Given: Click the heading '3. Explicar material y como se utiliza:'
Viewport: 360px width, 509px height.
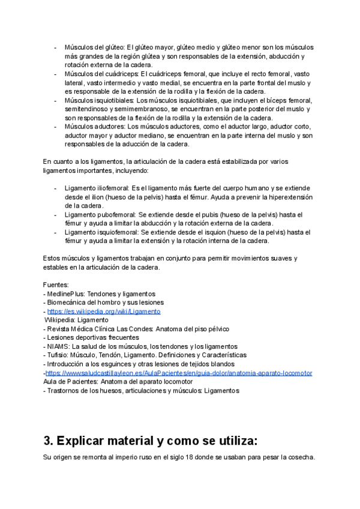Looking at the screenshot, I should pyautogui.click(x=151, y=441).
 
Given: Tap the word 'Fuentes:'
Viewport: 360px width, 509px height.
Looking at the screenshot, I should pyautogui.click(x=56, y=285).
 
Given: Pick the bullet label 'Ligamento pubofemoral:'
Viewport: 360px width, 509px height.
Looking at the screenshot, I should pyautogui.click(x=100, y=214).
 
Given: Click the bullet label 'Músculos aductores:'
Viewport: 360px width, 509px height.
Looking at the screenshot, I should pyautogui.click(x=95, y=127).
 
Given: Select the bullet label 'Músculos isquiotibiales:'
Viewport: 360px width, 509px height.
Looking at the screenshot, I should pyautogui.click(x=100, y=100).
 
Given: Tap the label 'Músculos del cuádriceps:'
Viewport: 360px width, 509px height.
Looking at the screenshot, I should pyautogui.click(x=102, y=73).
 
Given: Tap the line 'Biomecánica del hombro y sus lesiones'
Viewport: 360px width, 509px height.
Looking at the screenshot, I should pyautogui.click(x=106, y=303).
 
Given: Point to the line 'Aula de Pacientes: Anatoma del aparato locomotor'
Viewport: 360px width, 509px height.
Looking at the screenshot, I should pyautogui.click(x=118, y=381).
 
